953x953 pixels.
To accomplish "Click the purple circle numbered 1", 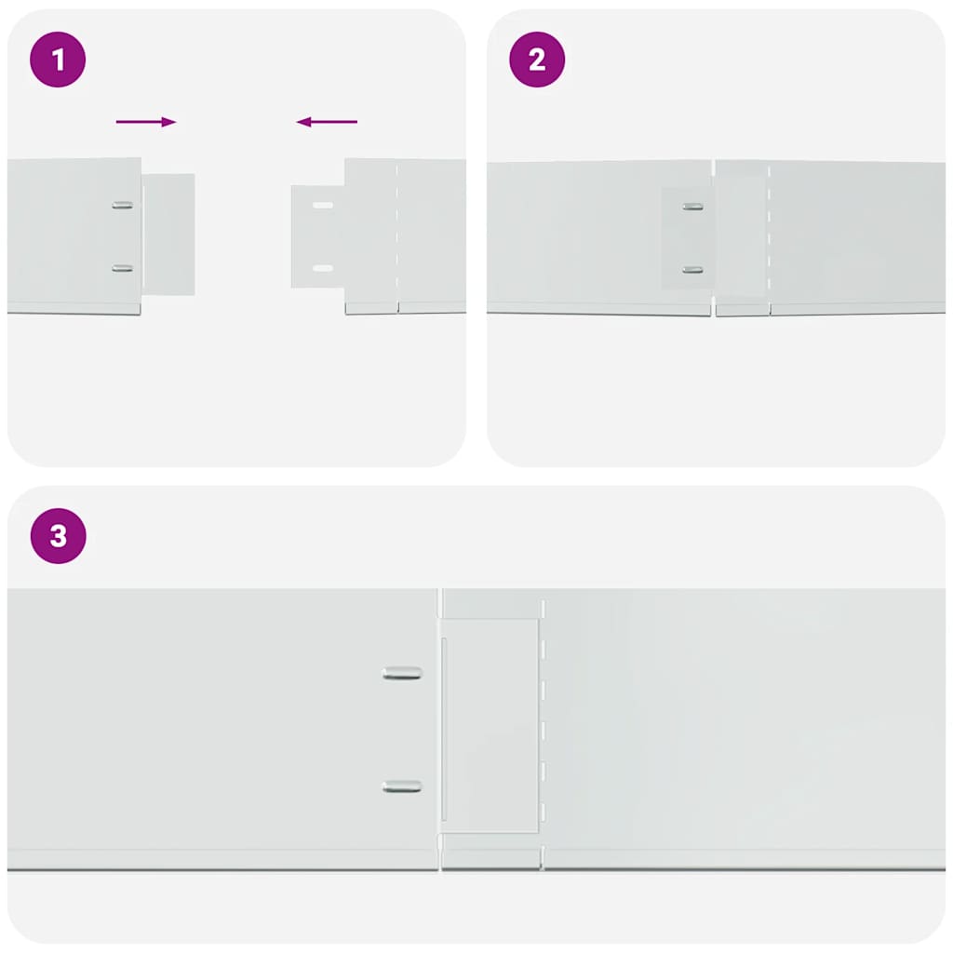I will [58, 60].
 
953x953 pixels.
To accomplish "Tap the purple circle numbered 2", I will [537, 60].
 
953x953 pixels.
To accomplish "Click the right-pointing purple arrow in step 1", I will [146, 122].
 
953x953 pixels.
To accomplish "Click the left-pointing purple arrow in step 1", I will [327, 122].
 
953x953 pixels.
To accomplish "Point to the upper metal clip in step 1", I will [122, 205].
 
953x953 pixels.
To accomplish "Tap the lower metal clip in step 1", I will [122, 268].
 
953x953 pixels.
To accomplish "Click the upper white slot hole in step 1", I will [323, 205].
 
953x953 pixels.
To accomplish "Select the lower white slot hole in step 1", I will [323, 268].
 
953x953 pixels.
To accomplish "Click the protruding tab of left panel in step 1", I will [169, 235].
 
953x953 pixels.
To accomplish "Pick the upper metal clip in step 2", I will [692, 206].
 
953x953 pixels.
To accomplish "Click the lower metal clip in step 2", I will [692, 270].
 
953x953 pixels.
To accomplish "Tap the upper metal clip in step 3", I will [402, 673].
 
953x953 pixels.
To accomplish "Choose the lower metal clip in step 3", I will [402, 786].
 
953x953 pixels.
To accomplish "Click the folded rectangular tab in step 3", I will [490, 726].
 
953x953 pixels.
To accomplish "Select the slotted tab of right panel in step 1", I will [316, 236].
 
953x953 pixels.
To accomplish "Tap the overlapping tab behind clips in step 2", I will [687, 238].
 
